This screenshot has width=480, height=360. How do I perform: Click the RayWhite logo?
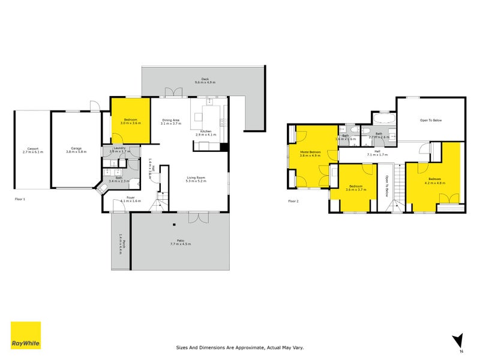(x=26, y=335)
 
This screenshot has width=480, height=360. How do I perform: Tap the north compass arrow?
(x=459, y=340)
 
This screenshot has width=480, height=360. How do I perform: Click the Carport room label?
(x=32, y=150)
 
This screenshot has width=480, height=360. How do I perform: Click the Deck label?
(x=205, y=80)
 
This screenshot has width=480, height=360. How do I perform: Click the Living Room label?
(x=196, y=179)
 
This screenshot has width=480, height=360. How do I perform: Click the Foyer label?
(x=130, y=199)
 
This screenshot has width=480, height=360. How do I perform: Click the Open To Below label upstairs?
(x=431, y=121)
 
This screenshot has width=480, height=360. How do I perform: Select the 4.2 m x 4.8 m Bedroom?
(x=436, y=181)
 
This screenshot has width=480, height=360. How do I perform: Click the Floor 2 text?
(x=293, y=202)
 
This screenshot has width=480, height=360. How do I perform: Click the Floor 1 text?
(x=20, y=199)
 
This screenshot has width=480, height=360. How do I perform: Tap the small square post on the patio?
(x=174, y=226)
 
